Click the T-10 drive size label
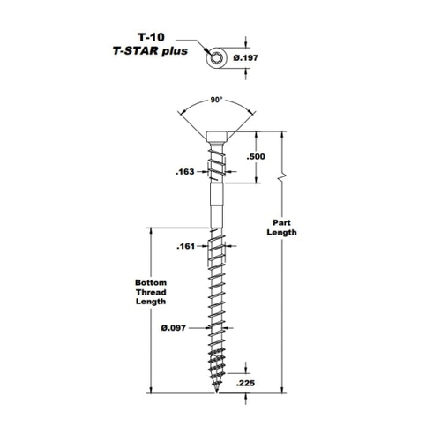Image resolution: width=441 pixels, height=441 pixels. [x=151, y=37]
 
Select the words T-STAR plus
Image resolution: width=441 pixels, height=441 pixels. [x=150, y=51]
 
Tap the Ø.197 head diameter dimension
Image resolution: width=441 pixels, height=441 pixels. [x=246, y=57]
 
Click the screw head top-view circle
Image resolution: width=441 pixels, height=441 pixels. [x=217, y=58]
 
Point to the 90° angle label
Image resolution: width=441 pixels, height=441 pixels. [x=215, y=100]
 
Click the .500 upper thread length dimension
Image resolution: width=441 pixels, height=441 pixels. [x=256, y=156]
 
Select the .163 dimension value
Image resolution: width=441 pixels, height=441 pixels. [x=185, y=172]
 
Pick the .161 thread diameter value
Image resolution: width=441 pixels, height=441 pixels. [x=186, y=246]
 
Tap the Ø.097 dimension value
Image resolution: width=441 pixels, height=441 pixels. [x=174, y=328]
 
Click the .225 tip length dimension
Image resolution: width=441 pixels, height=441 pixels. [x=245, y=383]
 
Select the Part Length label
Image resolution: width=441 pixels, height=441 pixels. [x=281, y=228]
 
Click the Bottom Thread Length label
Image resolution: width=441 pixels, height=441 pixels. [x=151, y=292]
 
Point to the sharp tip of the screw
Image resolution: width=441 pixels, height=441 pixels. [x=217, y=392]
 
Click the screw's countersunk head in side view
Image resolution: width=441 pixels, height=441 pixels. [x=217, y=138]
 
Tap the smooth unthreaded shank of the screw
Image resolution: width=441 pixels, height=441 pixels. [x=217, y=206]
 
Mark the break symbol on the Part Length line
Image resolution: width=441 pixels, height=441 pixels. [x=282, y=177]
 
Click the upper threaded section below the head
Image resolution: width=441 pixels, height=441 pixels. [x=217, y=165]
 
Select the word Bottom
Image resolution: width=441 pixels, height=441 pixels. [x=151, y=283]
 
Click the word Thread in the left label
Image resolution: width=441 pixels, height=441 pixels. [x=151, y=292]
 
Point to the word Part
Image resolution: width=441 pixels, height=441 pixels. [x=281, y=222]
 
